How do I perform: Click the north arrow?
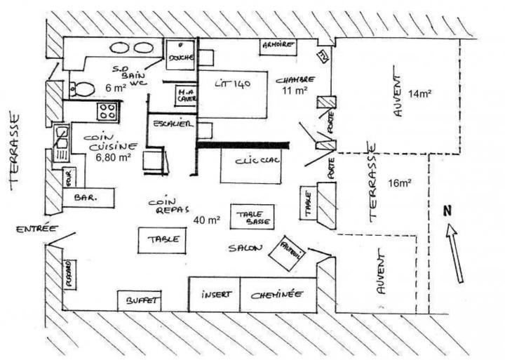456,253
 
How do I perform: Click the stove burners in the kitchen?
107,110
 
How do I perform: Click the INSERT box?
215,294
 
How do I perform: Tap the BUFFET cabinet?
140,300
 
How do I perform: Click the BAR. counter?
90,197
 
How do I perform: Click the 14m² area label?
419,93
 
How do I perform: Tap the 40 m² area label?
208,220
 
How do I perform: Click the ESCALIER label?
172,124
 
